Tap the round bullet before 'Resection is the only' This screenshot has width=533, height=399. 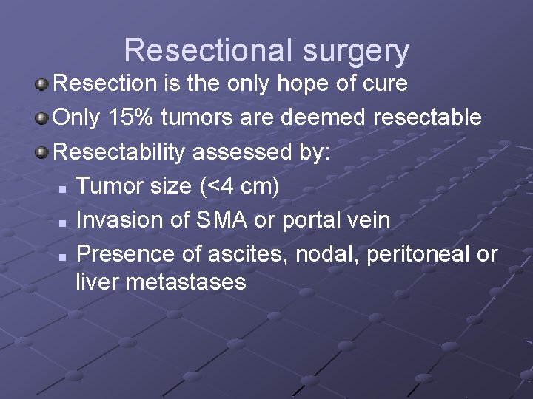(42, 83)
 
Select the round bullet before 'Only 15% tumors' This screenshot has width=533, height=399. (42, 117)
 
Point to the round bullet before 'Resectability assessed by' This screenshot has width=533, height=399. (42, 151)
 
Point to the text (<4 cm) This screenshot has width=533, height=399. (238, 186)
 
